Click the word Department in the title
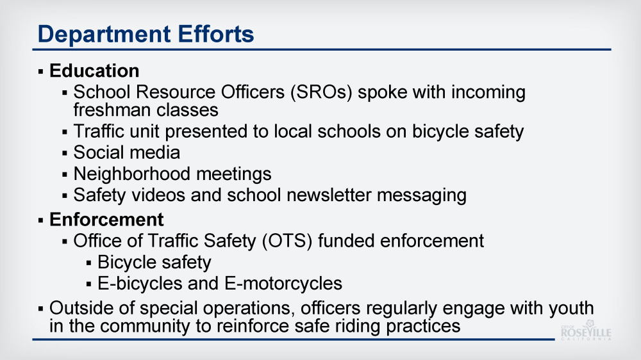coord(104,35)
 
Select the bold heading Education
coord(94,70)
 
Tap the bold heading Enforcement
coord(106,220)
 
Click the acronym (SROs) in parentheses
coord(321,92)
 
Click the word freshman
coord(112,110)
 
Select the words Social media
coord(127,152)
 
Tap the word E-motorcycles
coord(283,284)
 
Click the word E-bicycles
coord(140,284)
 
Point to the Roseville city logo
coord(586,330)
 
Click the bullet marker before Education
coord(40,72)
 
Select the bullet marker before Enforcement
coord(40,220)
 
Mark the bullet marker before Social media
coord(65,154)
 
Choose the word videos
coord(158,195)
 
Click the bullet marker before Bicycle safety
coord(88,263)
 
